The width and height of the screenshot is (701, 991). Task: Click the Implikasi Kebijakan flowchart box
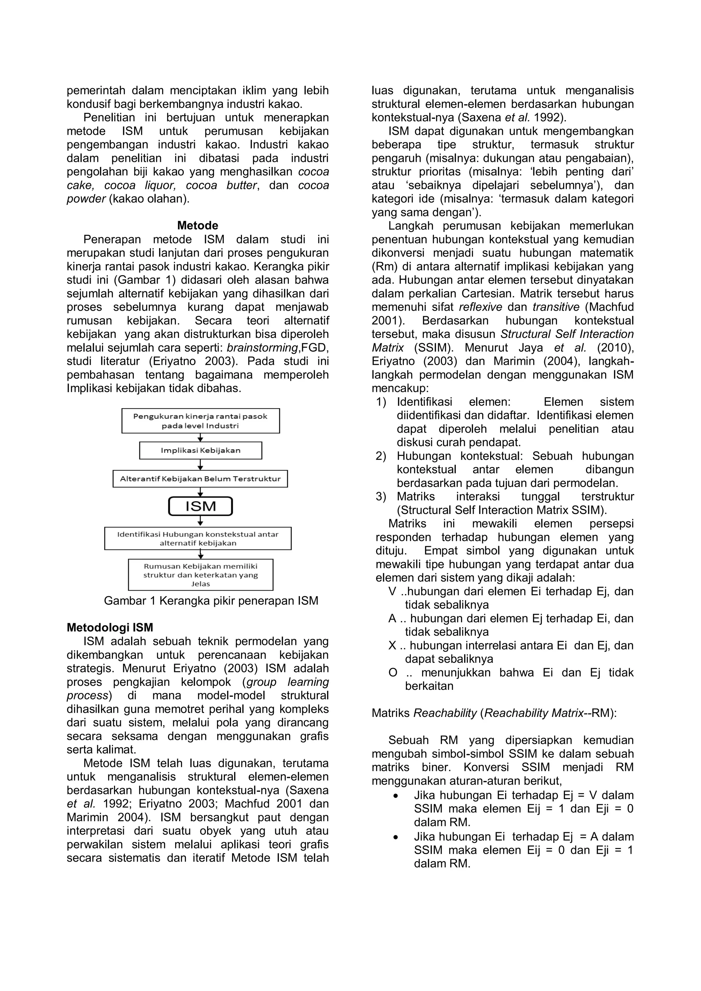[x=200, y=450]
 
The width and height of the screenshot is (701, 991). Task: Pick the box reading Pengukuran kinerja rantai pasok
[x=200, y=421]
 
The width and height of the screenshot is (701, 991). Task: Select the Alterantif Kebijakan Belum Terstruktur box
[x=200, y=479]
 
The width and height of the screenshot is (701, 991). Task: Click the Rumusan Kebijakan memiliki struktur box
[x=200, y=575]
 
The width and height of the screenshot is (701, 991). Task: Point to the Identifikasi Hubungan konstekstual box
[x=198, y=538]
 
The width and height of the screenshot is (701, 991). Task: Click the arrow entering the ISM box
[x=200, y=492]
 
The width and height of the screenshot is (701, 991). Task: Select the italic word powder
[x=86, y=199]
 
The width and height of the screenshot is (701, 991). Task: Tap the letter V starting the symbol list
[x=392, y=591]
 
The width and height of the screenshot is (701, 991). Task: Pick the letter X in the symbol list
[x=392, y=646]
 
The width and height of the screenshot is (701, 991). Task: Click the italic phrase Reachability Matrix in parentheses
[x=534, y=713]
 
